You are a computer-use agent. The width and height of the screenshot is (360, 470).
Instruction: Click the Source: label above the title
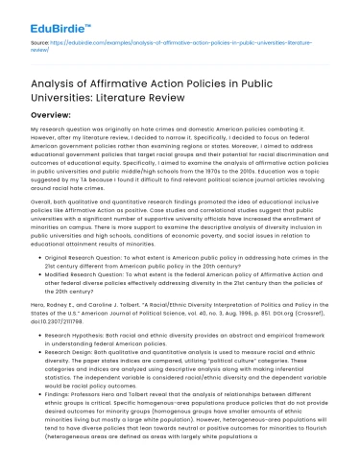tap(41, 42)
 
